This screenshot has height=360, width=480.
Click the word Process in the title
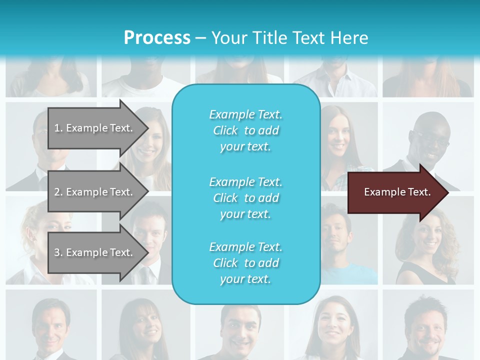pos(157,38)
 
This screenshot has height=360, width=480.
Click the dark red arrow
pos(395,192)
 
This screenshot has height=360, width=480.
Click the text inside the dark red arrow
pos(397,192)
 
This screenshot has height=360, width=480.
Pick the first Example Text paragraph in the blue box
pos(245,130)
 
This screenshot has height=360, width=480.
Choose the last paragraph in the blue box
pos(245,263)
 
